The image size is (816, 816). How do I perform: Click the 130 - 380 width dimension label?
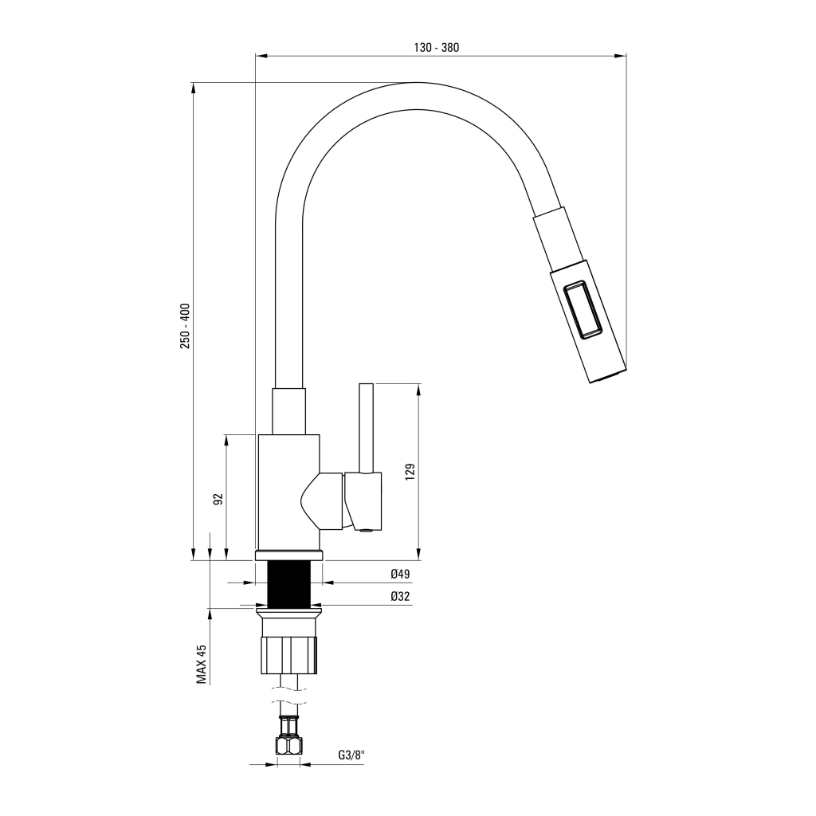pyautogui.click(x=437, y=48)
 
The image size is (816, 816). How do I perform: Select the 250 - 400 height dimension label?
pyautogui.click(x=185, y=326)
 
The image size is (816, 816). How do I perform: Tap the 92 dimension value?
pyautogui.click(x=218, y=499)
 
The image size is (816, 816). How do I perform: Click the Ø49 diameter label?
pyautogui.click(x=400, y=574)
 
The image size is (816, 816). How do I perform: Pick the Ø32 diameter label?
pyautogui.click(x=400, y=596)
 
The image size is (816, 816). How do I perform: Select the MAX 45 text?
pyautogui.click(x=202, y=664)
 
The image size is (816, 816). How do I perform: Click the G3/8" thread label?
pyautogui.click(x=350, y=755)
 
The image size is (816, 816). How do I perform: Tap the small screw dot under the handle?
pyautogui.click(x=366, y=530)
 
